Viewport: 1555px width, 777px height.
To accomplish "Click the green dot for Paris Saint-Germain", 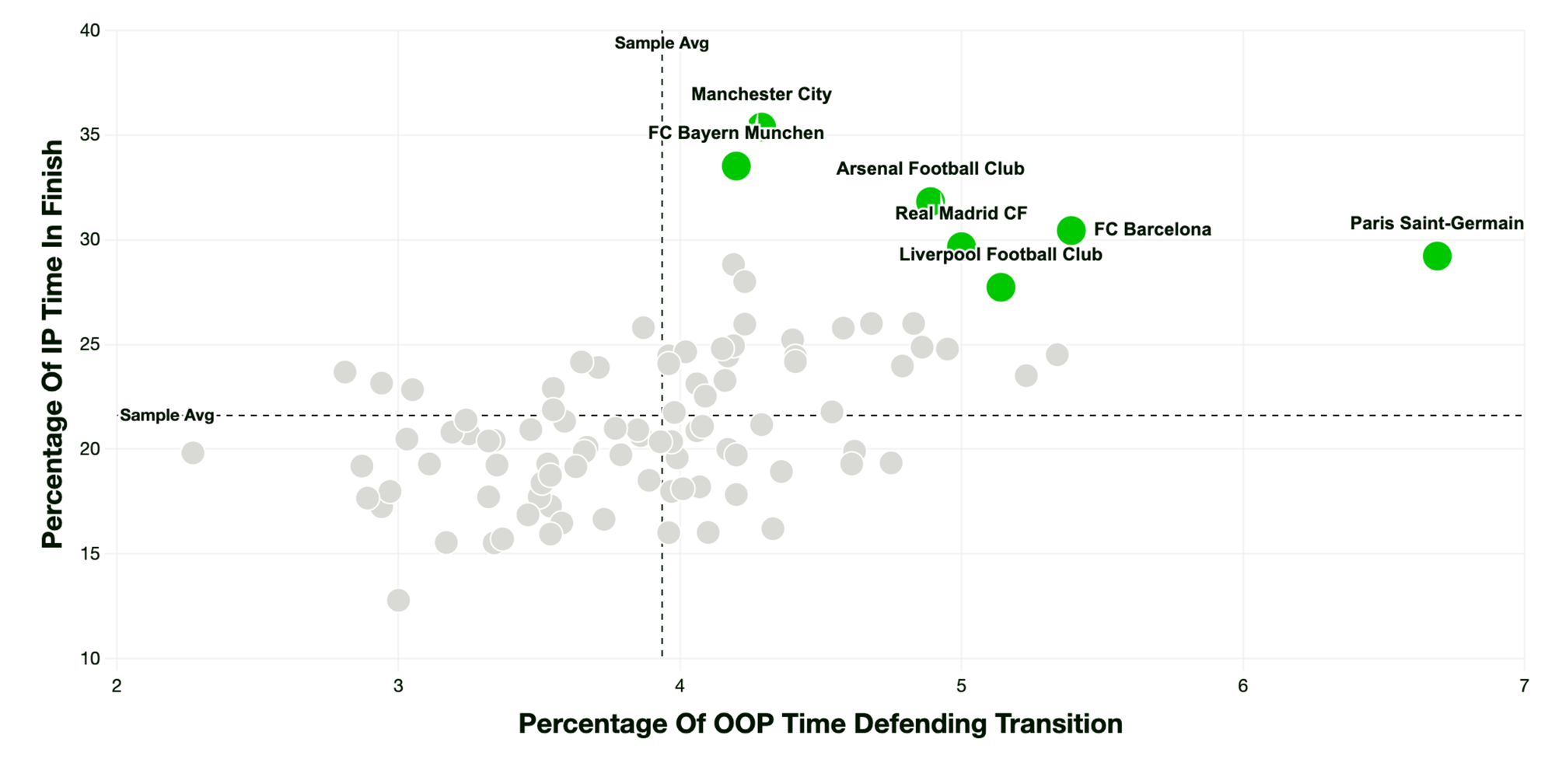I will [x=1437, y=256].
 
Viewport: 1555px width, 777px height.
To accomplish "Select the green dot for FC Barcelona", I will [x=1071, y=230].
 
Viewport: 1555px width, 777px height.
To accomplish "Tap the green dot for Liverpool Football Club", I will [x=1001, y=287].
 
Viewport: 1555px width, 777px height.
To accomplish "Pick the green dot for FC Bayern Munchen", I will [x=736, y=166].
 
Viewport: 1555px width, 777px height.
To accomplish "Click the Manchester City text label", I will [x=761, y=95].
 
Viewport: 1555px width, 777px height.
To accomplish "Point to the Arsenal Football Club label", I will [x=930, y=169].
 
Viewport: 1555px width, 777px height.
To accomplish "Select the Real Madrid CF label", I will [x=961, y=214].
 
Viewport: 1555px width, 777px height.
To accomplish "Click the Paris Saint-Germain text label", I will [x=1437, y=224].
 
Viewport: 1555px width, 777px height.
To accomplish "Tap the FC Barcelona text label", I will [x=1152, y=230].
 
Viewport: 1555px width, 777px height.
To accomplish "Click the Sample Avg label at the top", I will [x=662, y=44].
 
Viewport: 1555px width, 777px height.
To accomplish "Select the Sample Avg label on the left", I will [x=167, y=416].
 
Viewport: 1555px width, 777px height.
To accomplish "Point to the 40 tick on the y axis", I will [x=90, y=30].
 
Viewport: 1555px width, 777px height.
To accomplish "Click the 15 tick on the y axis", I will [x=90, y=554].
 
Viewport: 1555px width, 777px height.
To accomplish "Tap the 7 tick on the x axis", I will [x=1524, y=686].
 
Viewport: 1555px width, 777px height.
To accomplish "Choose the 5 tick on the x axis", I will [x=961, y=686].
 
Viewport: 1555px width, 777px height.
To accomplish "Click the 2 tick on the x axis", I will [x=117, y=686].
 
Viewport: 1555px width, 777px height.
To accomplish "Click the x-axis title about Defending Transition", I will [x=820, y=724].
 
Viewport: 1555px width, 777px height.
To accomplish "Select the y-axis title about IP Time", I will [x=53, y=344].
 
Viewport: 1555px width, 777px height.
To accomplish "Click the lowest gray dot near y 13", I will [x=398, y=600].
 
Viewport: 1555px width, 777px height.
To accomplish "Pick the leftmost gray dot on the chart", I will [x=193, y=452].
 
